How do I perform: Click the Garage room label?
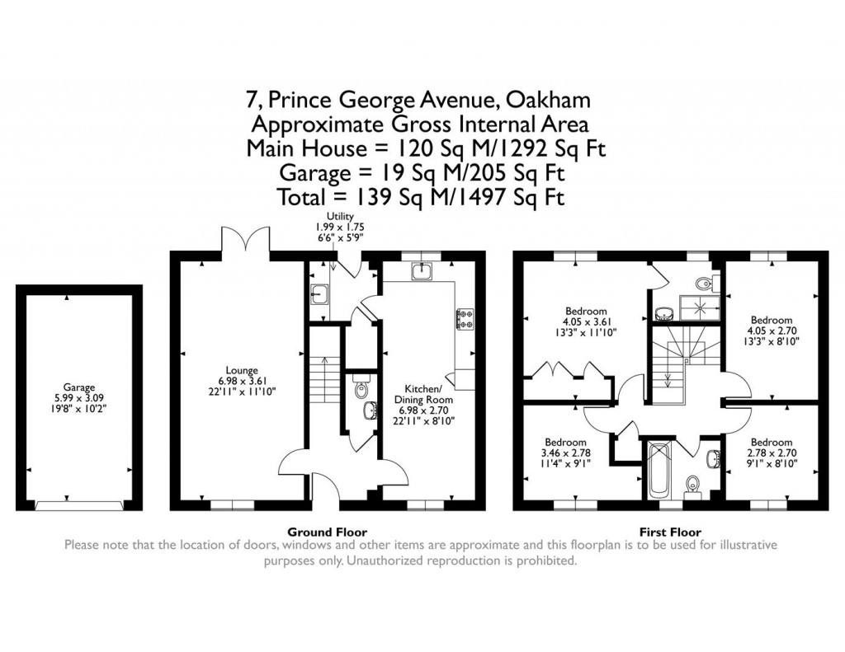tap(79, 398)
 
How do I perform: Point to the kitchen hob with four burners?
tap(464, 318)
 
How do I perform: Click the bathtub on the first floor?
tap(659, 470)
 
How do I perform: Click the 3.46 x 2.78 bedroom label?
tap(564, 453)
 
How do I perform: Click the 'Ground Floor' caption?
tap(327, 532)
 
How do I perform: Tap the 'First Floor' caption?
tap(671, 532)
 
